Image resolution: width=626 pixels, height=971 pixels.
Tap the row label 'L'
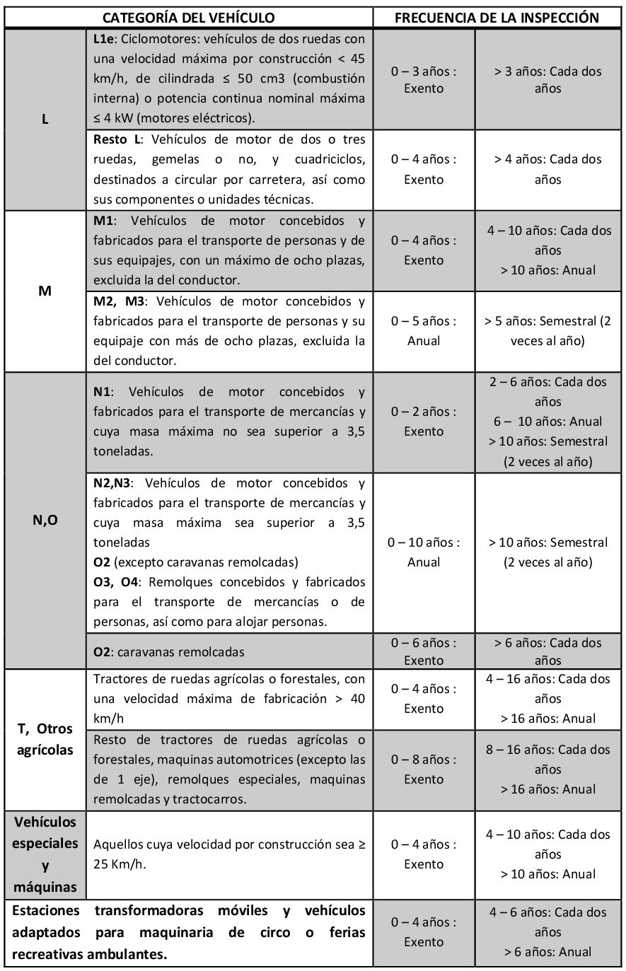pyautogui.click(x=45, y=120)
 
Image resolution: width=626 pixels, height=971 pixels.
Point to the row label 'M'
pyautogui.click(x=45, y=290)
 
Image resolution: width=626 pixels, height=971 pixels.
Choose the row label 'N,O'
pyautogui.click(x=45, y=521)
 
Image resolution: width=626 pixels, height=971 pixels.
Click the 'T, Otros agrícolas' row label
pyautogui.click(x=45, y=739)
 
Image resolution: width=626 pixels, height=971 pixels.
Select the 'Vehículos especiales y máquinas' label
pyautogui.click(x=45, y=854)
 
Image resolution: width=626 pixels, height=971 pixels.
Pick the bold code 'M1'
pyautogui.click(x=104, y=221)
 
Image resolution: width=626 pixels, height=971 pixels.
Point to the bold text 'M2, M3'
pyautogui.click(x=119, y=301)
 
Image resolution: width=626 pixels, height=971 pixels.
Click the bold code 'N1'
pyautogui.click(x=103, y=392)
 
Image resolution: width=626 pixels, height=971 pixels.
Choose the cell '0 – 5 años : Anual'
pyautogui.click(x=424, y=331)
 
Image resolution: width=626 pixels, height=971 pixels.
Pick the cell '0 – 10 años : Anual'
pyautogui.click(x=424, y=552)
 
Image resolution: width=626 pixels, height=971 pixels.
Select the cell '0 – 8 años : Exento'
pyautogui.click(x=424, y=769)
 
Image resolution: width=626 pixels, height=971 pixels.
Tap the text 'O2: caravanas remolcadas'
pyautogui.click(x=169, y=651)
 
